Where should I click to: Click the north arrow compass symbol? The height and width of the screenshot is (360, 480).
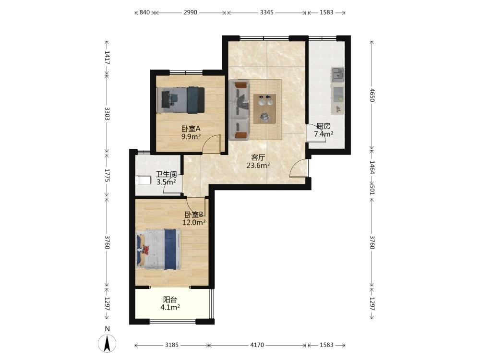[x=107, y=344]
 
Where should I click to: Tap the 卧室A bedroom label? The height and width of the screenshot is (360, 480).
[x=191, y=129]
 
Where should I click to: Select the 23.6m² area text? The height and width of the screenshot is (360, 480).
[x=258, y=166]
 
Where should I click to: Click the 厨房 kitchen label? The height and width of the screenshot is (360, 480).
[x=323, y=126]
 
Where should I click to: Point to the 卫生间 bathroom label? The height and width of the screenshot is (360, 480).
[x=166, y=175]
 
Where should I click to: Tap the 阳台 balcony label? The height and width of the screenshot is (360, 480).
[x=170, y=300]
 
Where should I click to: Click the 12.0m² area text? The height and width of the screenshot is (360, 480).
[x=194, y=223]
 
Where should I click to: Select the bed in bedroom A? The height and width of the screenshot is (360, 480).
[x=180, y=100]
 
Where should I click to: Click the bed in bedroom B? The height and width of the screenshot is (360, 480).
[x=158, y=249]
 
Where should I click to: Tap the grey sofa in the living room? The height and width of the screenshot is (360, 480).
[x=239, y=109]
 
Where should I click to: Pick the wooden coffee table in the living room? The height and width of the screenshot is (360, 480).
[x=265, y=109]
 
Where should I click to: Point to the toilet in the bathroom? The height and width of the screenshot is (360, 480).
[x=143, y=180]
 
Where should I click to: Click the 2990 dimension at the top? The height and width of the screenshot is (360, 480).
[x=190, y=12]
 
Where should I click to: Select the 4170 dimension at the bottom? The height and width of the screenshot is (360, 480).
[x=257, y=345]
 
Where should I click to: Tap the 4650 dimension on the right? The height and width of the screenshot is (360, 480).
[x=372, y=95]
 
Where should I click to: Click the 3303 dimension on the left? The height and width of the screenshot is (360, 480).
[x=107, y=114]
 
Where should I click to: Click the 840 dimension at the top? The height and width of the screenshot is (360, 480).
[x=144, y=12]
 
